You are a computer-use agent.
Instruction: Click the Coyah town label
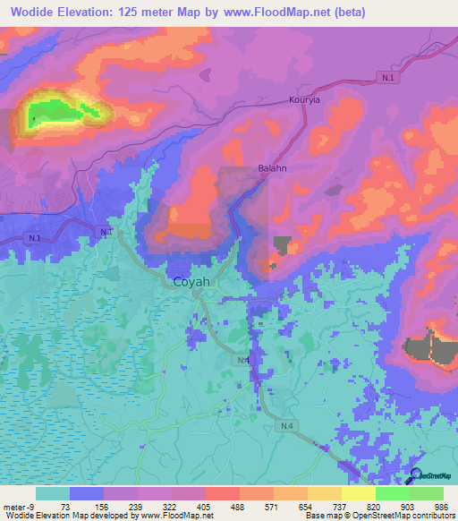tap(191, 281)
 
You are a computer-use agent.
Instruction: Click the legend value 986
tap(442, 506)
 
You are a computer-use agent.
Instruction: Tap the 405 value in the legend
tap(189, 506)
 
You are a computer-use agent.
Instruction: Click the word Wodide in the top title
tap(41, 13)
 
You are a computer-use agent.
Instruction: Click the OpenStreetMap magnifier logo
tap(415, 476)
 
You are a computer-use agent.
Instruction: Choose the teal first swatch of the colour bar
tap(53, 493)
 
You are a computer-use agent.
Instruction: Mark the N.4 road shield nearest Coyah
tap(244, 360)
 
